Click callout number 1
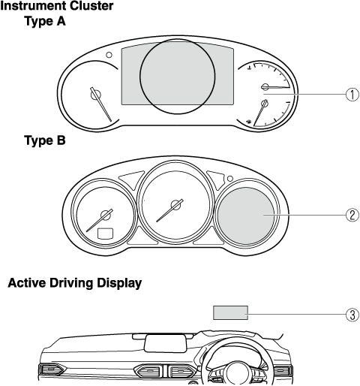tap(352, 95)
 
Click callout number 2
tap(352, 215)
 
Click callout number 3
tap(352, 315)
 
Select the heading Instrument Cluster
tap(57, 6)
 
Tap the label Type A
tap(45, 21)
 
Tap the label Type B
tap(45, 140)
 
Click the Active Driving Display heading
tap(75, 283)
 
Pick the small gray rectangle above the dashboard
tap(230, 312)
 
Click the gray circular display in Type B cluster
tap(246, 216)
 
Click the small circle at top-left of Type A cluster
tap(109, 55)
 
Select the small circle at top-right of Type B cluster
tap(230, 179)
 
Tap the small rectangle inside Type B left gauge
tap(105, 233)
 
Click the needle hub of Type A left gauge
tap(96, 95)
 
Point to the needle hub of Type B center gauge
tap(176, 205)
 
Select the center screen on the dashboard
tap(166, 343)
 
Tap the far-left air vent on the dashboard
tap(52, 369)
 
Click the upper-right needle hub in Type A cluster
tap(265, 87)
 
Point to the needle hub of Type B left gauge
tap(106, 215)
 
